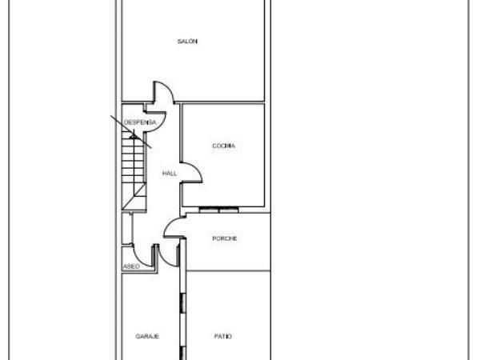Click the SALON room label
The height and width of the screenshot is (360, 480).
(187, 42)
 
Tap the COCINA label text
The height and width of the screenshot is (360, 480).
(224, 146)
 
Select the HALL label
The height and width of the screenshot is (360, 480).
(170, 174)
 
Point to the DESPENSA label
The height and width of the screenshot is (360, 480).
(140, 122)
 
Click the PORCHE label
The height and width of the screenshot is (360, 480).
(224, 238)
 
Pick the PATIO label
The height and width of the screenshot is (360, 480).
(223, 337)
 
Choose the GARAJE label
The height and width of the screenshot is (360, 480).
(147, 337)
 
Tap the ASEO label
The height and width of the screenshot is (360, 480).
(131, 266)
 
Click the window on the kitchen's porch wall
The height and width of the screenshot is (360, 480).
(218, 210)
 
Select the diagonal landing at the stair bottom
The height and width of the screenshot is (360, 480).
(134, 197)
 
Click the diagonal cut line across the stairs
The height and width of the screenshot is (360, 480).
(131, 132)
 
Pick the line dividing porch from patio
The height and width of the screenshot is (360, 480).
(228, 271)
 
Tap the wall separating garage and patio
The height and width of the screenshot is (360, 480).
(182, 299)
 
